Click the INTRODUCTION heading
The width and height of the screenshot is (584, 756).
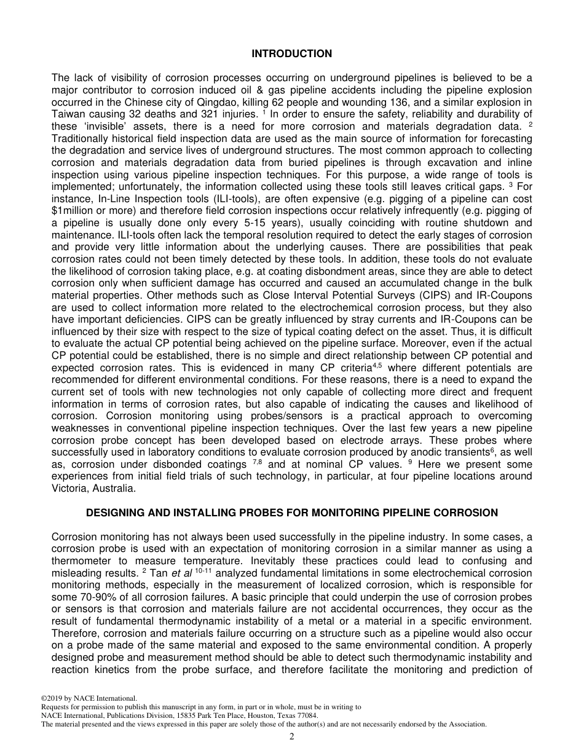coord(291,53)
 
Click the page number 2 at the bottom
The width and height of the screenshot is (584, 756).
coord(292,737)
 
